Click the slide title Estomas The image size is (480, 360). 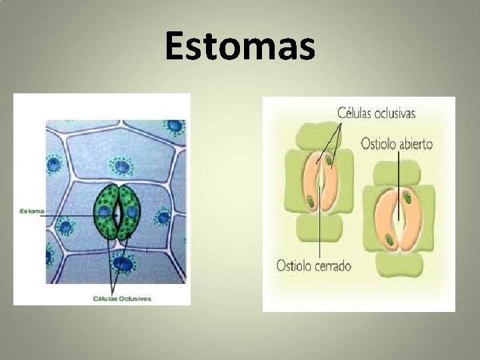(x=240, y=47)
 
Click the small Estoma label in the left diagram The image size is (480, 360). (x=31, y=211)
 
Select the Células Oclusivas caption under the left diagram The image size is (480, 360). (x=121, y=298)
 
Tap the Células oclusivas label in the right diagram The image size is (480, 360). (x=376, y=113)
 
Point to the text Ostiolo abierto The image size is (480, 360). (x=397, y=143)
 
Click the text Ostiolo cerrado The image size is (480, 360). (x=313, y=265)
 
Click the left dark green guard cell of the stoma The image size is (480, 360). (x=105, y=212)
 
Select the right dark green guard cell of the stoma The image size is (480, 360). (x=129, y=212)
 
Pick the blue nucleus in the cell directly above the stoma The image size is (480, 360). (x=121, y=167)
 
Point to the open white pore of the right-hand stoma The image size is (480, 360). (x=398, y=220)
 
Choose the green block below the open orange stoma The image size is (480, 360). (x=399, y=267)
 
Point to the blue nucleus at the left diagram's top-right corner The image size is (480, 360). (x=175, y=126)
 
